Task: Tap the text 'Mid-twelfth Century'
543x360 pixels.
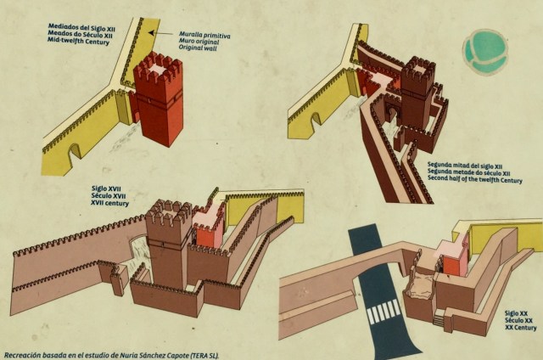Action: point(78,41)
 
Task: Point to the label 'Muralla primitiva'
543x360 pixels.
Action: point(204,35)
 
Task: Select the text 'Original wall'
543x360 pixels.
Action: point(198,48)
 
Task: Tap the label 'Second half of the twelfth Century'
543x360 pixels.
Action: point(475,179)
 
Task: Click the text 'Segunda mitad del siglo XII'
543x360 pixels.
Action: point(465,166)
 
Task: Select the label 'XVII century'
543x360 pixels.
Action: point(109,203)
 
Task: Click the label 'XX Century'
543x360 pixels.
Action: point(520,328)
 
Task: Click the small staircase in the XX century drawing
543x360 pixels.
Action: point(439,318)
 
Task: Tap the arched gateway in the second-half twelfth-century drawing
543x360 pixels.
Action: point(392,115)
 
